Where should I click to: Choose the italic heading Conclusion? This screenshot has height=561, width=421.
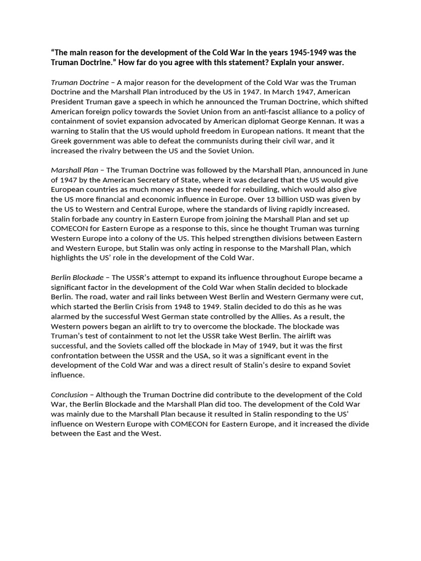point(69,394)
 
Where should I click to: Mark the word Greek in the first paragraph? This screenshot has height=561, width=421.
point(62,141)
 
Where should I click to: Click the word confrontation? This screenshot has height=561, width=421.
point(76,356)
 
